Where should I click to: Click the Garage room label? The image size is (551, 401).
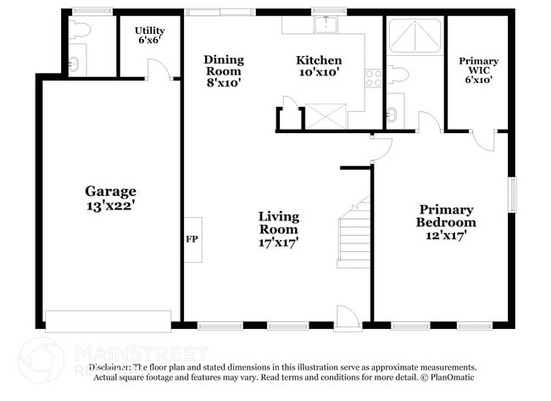110,191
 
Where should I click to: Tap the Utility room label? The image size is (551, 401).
150,31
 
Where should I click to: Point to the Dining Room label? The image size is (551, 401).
224,60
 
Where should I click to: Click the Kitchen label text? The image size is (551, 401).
319,60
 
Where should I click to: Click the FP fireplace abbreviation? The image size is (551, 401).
192,238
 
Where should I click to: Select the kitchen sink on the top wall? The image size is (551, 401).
326,24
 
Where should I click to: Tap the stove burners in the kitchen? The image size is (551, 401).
372,78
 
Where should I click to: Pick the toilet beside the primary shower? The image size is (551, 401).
399,75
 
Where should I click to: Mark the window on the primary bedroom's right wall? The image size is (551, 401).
511,195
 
